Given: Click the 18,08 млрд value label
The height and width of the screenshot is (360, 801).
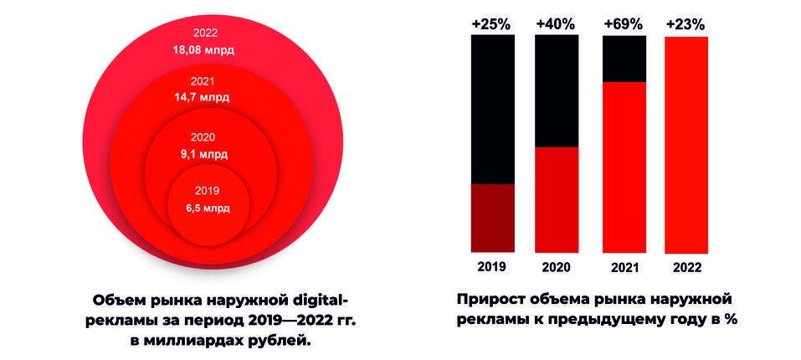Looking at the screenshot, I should tap(203, 50).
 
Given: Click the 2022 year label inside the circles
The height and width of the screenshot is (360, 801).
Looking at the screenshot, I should tap(203, 33).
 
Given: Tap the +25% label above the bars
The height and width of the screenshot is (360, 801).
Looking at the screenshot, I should tap(493, 24).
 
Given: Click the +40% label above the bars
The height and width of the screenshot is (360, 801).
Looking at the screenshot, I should tap(557, 24).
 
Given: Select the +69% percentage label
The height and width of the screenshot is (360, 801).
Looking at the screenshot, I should tap(624, 24).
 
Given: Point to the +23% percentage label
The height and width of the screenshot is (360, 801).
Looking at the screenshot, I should tap(686, 24).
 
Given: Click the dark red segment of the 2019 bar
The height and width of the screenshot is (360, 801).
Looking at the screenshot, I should tap(493, 218).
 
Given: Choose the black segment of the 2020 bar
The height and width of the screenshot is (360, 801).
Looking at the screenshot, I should tap(557, 91).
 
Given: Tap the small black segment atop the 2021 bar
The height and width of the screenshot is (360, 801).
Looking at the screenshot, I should tap(624, 58).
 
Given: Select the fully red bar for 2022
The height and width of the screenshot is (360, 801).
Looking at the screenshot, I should tap(686, 144).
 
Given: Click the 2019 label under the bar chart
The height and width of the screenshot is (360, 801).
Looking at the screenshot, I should tap(493, 268).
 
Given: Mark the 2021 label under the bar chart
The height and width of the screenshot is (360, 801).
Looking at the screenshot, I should tap(624, 268).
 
